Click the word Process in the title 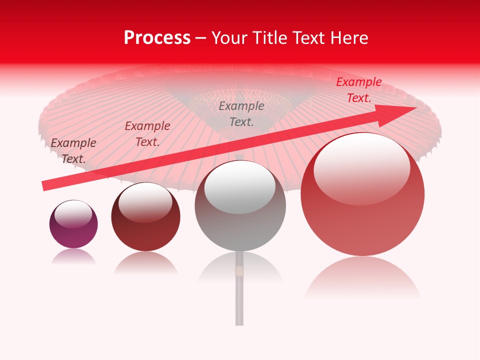pyautogui.click(x=157, y=38)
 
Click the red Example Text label pyautogui.click(x=358, y=90)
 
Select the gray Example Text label pyautogui.click(x=241, y=113)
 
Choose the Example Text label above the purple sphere pyautogui.click(x=73, y=150)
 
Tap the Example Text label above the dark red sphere pyautogui.click(x=147, y=133)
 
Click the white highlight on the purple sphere pyautogui.click(x=73, y=214)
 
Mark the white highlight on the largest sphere pyautogui.click(x=361, y=167)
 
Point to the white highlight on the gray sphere pyautogui.click(x=240, y=186)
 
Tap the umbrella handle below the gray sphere pyautogui.click(x=239, y=300)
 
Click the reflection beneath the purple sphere pyautogui.click(x=73, y=257)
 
